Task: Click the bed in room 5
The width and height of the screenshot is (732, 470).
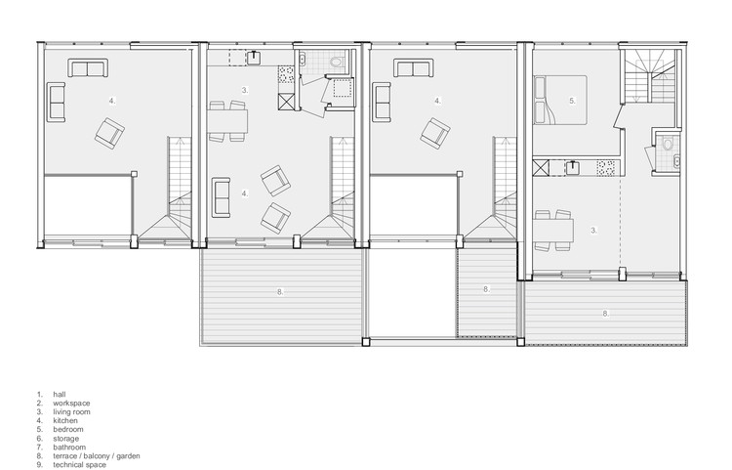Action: point(560,100)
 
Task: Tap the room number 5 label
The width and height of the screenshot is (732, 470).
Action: point(572,101)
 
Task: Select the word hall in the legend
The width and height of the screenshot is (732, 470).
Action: point(60,395)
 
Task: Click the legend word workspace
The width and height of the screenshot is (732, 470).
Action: point(71,404)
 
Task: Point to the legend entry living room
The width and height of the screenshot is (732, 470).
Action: point(71,412)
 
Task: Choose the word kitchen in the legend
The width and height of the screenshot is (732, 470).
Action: point(65,420)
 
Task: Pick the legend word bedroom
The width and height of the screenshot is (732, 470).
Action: point(68,429)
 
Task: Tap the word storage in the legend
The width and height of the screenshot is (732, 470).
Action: point(65,439)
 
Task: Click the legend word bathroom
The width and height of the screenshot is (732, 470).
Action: point(69,448)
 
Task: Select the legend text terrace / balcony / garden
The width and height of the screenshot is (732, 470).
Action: point(97,456)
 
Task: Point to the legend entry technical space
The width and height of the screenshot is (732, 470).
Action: point(79,465)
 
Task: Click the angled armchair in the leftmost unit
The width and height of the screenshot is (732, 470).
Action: point(109,134)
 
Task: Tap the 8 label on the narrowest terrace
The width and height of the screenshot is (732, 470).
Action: point(486,289)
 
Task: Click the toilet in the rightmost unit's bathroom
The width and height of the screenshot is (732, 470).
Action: point(668,144)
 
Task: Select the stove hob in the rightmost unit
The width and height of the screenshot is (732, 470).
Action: point(606,168)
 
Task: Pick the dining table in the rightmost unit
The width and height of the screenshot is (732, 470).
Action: point(553,231)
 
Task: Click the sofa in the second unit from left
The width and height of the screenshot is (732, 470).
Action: point(221,197)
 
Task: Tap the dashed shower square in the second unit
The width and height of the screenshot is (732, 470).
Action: point(344,87)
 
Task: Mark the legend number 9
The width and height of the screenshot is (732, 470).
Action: point(40,465)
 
